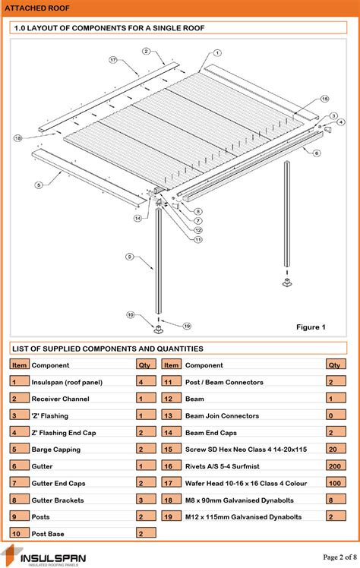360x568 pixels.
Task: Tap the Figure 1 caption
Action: (310, 327)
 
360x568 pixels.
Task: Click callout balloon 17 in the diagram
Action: (112, 59)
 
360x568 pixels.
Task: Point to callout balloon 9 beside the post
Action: (129, 257)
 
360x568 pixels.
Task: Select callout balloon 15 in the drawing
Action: (324, 99)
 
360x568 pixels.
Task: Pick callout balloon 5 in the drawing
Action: (37, 185)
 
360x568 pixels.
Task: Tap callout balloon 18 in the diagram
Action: (17, 137)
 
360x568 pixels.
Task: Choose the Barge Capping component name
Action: (58, 450)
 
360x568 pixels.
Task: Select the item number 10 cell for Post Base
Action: (18, 534)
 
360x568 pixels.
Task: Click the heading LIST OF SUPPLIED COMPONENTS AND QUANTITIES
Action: (107, 349)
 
